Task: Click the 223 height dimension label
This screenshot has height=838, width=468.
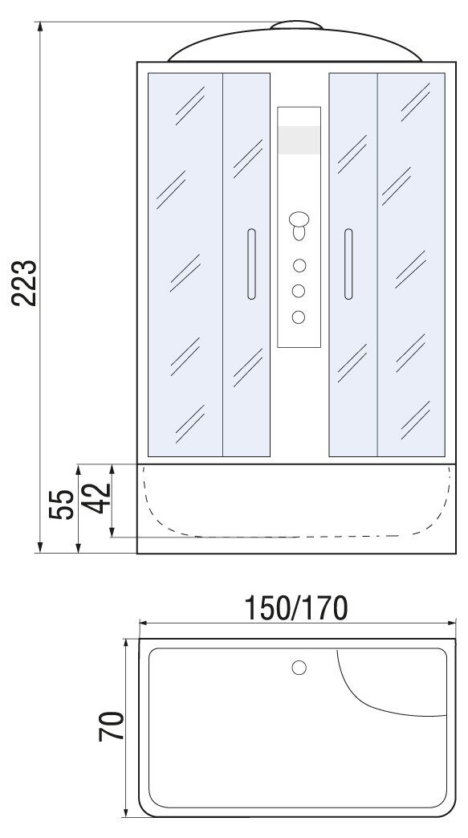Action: coord(24,283)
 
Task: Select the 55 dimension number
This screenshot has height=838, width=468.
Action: coord(61,504)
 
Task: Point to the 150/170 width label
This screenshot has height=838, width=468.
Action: coord(295,607)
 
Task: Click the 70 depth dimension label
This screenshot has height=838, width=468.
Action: coord(111,726)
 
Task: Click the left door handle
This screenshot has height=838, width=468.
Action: coord(251,264)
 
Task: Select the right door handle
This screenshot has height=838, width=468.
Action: coord(348,264)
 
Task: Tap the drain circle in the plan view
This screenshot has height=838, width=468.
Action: coord(299,668)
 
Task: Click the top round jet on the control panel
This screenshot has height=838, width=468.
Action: coord(299,265)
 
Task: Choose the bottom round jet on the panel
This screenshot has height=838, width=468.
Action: coord(298,317)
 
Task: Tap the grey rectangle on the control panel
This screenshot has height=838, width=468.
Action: coord(299,140)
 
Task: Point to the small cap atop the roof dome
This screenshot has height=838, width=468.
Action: coord(296,25)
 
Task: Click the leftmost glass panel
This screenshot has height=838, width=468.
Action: coord(185,264)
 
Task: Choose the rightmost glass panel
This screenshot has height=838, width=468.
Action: coord(411,264)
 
